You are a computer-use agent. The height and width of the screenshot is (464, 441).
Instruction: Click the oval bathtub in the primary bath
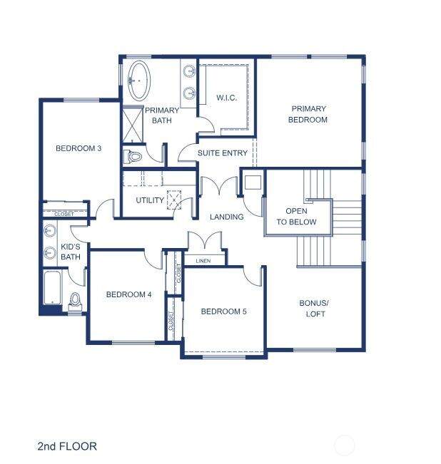[x=139, y=80]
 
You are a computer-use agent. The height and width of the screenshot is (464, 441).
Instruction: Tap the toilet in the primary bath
[x=132, y=156]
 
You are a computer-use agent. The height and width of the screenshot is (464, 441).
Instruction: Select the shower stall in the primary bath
[x=133, y=125]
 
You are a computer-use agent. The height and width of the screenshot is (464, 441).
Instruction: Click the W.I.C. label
[x=226, y=98]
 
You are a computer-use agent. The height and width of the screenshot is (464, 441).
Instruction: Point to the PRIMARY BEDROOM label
[x=308, y=114]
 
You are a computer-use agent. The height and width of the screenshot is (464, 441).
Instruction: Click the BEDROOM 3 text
[x=78, y=148]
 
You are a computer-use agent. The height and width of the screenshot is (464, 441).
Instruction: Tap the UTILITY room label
[x=150, y=200]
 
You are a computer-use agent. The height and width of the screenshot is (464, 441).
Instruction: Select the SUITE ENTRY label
[x=223, y=153]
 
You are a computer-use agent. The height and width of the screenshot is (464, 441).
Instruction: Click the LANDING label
[x=227, y=217]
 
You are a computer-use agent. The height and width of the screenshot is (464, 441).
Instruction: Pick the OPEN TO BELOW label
[x=296, y=216]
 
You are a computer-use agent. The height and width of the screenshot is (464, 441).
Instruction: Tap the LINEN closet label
[x=203, y=261]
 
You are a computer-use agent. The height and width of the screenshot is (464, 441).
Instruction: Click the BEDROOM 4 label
[x=129, y=294]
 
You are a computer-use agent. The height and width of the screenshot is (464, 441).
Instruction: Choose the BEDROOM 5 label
[x=223, y=311]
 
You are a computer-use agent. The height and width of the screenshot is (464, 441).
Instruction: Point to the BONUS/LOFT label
[x=314, y=309]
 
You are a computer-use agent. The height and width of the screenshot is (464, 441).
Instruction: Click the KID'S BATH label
[x=71, y=252]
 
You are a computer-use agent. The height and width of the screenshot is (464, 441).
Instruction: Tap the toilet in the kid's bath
[x=75, y=300]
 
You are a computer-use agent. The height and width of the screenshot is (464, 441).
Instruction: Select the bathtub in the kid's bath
[x=52, y=288]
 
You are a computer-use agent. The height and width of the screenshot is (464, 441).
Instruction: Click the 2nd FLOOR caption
[x=67, y=446]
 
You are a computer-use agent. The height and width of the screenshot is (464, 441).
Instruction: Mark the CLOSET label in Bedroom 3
[x=64, y=214]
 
